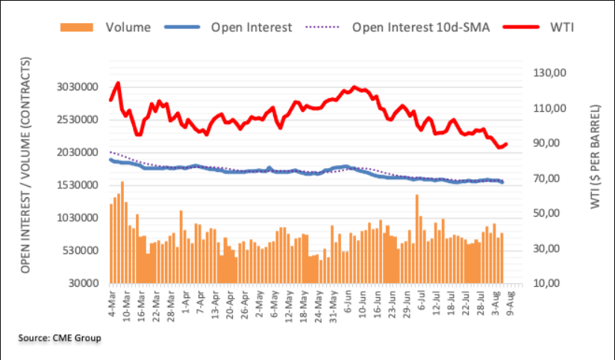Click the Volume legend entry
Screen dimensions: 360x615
coord(128,27)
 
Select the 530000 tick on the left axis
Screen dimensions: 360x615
coord(81,251)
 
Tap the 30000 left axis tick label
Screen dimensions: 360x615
coord(84,284)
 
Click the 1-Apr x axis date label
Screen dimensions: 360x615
coord(184,303)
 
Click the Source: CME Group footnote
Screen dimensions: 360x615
coord(60,338)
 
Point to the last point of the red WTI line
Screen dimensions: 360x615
coord(506,144)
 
